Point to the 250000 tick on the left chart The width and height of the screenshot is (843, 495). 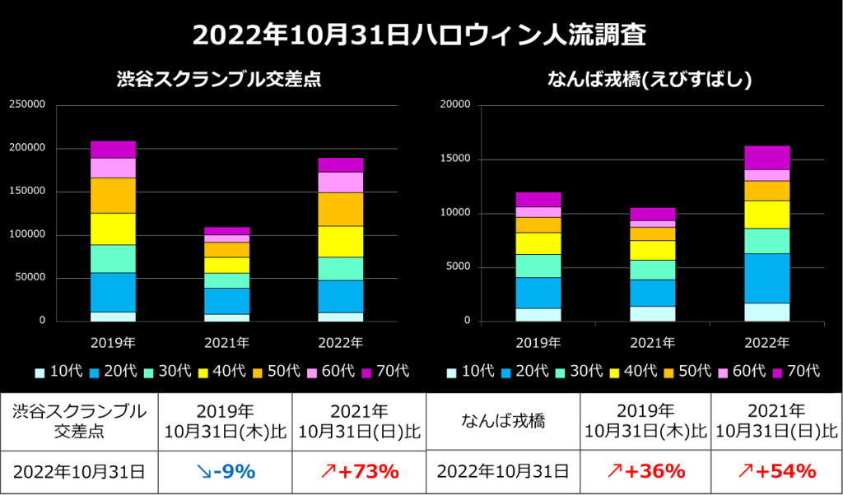tap(27, 104)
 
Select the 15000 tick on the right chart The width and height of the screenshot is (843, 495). tap(456, 159)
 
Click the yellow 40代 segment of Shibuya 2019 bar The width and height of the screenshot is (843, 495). tap(113, 229)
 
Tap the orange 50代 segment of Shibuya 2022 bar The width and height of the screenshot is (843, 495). tap(340, 209)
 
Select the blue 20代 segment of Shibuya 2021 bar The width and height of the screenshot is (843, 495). tap(226, 301)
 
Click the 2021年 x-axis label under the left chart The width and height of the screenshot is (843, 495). tap(226, 341)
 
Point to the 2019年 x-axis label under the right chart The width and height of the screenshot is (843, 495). tap(538, 341)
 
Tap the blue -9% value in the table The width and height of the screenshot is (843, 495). tap(225, 471)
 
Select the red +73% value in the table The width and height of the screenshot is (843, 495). tap(361, 471)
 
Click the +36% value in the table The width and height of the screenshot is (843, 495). tap(645, 471)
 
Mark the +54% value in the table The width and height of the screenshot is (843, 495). tap(775, 471)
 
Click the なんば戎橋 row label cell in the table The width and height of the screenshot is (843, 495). tap(502, 420)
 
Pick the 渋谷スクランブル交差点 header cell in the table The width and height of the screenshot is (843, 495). tap(79, 420)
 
